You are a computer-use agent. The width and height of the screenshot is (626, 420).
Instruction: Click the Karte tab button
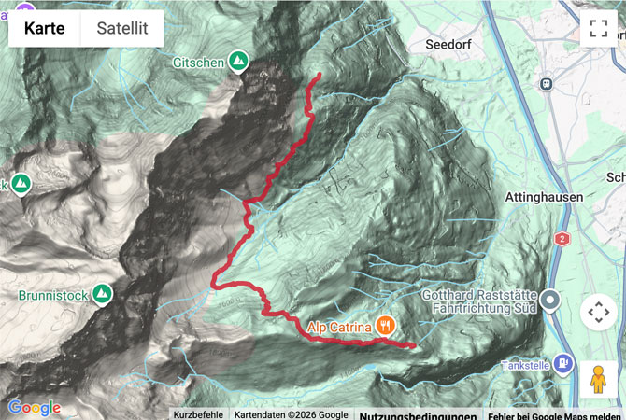click(45, 28)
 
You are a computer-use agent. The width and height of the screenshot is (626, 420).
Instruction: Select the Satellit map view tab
click(122, 28)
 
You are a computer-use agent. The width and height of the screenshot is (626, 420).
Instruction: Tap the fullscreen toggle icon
click(598, 28)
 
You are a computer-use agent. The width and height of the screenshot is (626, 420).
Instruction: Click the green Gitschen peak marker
click(239, 61)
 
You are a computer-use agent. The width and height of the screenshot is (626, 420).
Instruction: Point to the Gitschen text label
click(197, 62)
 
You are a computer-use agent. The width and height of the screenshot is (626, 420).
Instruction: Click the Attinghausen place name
click(543, 197)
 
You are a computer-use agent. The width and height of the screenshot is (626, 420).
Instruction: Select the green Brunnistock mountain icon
click(103, 296)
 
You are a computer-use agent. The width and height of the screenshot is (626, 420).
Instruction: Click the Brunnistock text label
click(52, 296)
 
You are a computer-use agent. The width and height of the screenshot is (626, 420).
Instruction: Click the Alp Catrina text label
click(340, 326)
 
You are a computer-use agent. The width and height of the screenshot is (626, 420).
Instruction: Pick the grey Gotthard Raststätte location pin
click(551, 301)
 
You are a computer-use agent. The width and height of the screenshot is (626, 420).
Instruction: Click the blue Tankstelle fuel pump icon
click(562, 363)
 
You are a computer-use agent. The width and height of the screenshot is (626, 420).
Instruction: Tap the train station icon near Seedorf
click(544, 83)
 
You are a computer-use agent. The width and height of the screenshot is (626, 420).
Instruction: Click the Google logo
click(34, 407)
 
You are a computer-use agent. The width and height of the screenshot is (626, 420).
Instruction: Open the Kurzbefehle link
click(198, 414)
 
